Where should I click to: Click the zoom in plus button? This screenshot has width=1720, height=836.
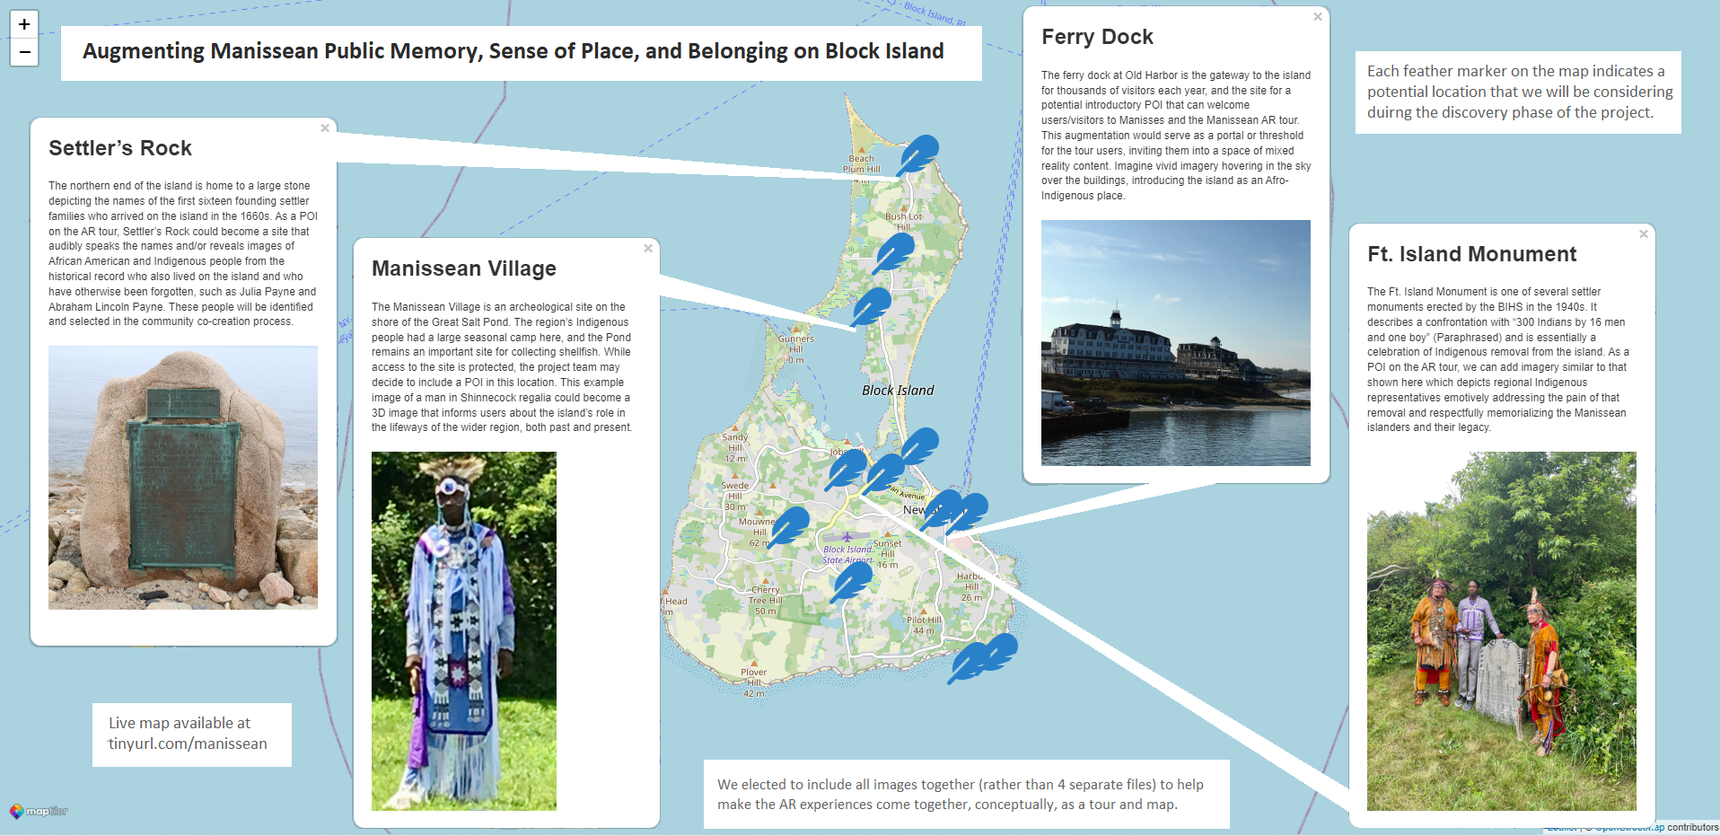(x=24, y=24)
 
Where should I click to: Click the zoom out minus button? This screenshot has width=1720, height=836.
(x=24, y=52)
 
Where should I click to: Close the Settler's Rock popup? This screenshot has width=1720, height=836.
(x=325, y=128)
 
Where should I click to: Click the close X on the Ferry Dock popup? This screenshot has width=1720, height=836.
(x=1318, y=17)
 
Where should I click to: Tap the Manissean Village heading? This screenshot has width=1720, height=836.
(x=464, y=268)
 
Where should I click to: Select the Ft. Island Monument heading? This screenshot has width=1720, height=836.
(x=1471, y=254)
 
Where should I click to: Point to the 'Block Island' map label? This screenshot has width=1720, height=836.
(x=898, y=391)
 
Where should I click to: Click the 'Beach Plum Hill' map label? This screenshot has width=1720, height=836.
(x=862, y=164)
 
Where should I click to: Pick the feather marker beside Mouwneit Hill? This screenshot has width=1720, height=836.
(x=789, y=524)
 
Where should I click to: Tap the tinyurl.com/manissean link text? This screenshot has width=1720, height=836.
(x=188, y=744)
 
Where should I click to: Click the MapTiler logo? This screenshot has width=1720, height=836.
(x=39, y=811)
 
